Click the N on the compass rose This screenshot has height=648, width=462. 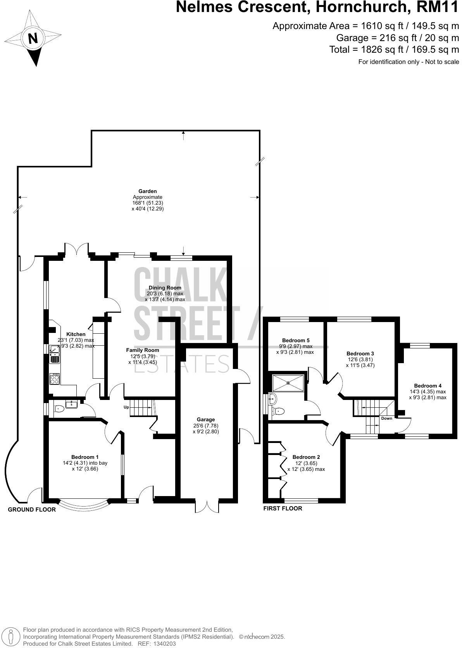(x=34, y=39)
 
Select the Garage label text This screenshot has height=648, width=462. (x=206, y=419)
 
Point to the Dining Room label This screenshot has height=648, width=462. (x=165, y=288)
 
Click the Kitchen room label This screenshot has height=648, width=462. (x=76, y=334)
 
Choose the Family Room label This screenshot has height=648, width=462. (x=143, y=350)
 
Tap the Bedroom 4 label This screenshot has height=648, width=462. (x=428, y=386)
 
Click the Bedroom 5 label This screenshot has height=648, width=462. (x=296, y=340)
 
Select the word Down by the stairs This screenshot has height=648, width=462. (x=386, y=419)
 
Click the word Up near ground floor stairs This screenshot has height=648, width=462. (x=126, y=407)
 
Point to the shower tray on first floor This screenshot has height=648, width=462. (x=288, y=383)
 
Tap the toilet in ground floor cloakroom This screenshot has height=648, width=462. (x=59, y=408)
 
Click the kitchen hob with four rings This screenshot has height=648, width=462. (x=55, y=379)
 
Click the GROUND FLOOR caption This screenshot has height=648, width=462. (x=32, y=510)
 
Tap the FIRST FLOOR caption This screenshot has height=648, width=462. (x=283, y=508)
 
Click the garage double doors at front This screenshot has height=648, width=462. (x=207, y=506)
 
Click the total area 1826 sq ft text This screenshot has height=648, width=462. (x=394, y=50)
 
